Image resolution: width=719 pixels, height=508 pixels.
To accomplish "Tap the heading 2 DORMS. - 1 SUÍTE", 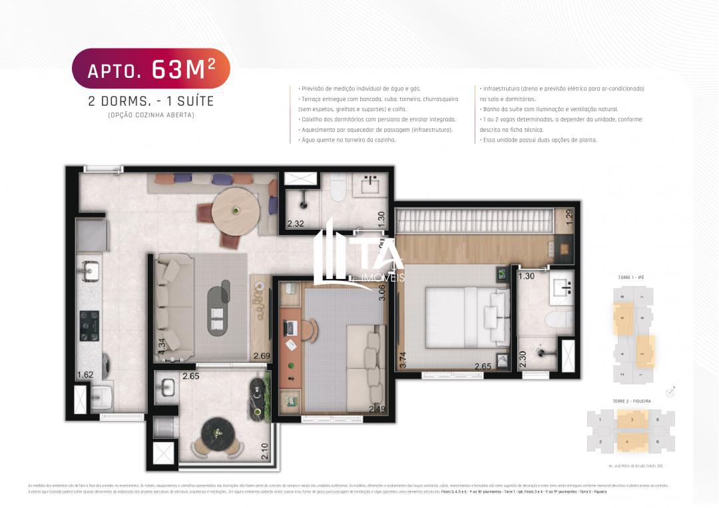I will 150,102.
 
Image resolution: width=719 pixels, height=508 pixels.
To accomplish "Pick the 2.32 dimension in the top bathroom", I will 295,224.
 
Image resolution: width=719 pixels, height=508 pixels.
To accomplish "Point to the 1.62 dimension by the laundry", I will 85,375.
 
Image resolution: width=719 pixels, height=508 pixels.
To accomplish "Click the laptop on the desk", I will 291,328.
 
